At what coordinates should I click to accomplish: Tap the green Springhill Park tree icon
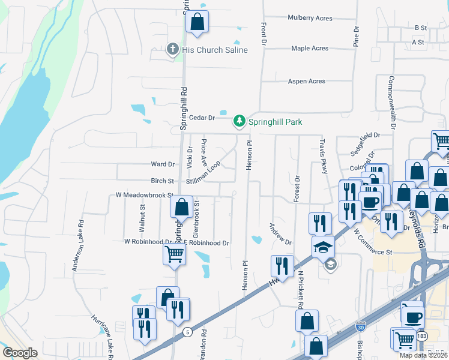coord(240,122)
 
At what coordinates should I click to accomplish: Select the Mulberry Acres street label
coord(310,19)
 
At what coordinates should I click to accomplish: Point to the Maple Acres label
coord(310,49)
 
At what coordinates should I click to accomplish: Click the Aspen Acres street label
coord(307,82)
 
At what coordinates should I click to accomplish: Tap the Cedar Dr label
coord(202,118)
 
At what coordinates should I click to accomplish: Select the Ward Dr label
coord(163,164)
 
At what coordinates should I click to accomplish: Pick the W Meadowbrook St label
coord(144,195)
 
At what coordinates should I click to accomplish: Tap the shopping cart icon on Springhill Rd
coord(174,254)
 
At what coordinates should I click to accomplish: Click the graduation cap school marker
coord(323,247)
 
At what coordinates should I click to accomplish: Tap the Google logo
coord(20,353)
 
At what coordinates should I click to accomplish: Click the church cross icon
coord(173,49)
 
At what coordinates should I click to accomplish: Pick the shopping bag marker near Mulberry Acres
coord(197,23)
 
